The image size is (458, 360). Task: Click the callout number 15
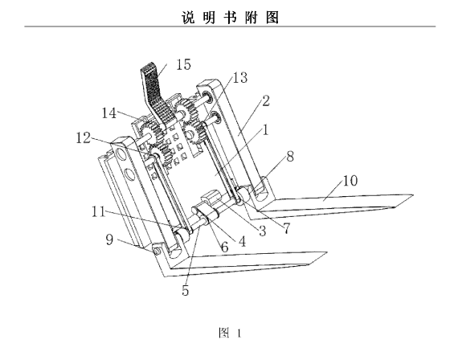point(183,64)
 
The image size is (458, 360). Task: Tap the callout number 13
point(239,78)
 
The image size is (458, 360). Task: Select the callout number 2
point(265,100)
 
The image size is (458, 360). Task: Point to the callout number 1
point(265,129)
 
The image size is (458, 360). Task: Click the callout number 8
point(290,157)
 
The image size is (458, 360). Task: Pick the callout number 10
point(350,181)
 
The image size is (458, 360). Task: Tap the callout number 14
point(108,112)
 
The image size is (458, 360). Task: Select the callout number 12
point(84,137)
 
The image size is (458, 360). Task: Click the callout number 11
point(99,211)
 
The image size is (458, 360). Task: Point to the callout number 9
point(109,239)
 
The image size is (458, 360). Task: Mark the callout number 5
point(185,290)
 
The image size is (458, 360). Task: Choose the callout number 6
point(224,247)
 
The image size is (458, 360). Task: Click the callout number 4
point(242,242)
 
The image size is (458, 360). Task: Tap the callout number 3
point(262,231)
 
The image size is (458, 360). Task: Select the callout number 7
point(287,228)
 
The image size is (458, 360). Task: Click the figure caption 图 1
point(230,333)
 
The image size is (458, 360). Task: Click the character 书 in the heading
point(231,17)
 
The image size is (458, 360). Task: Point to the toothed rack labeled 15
point(154,93)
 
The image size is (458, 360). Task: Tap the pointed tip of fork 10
point(413,194)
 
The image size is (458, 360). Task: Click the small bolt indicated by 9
point(155,252)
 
